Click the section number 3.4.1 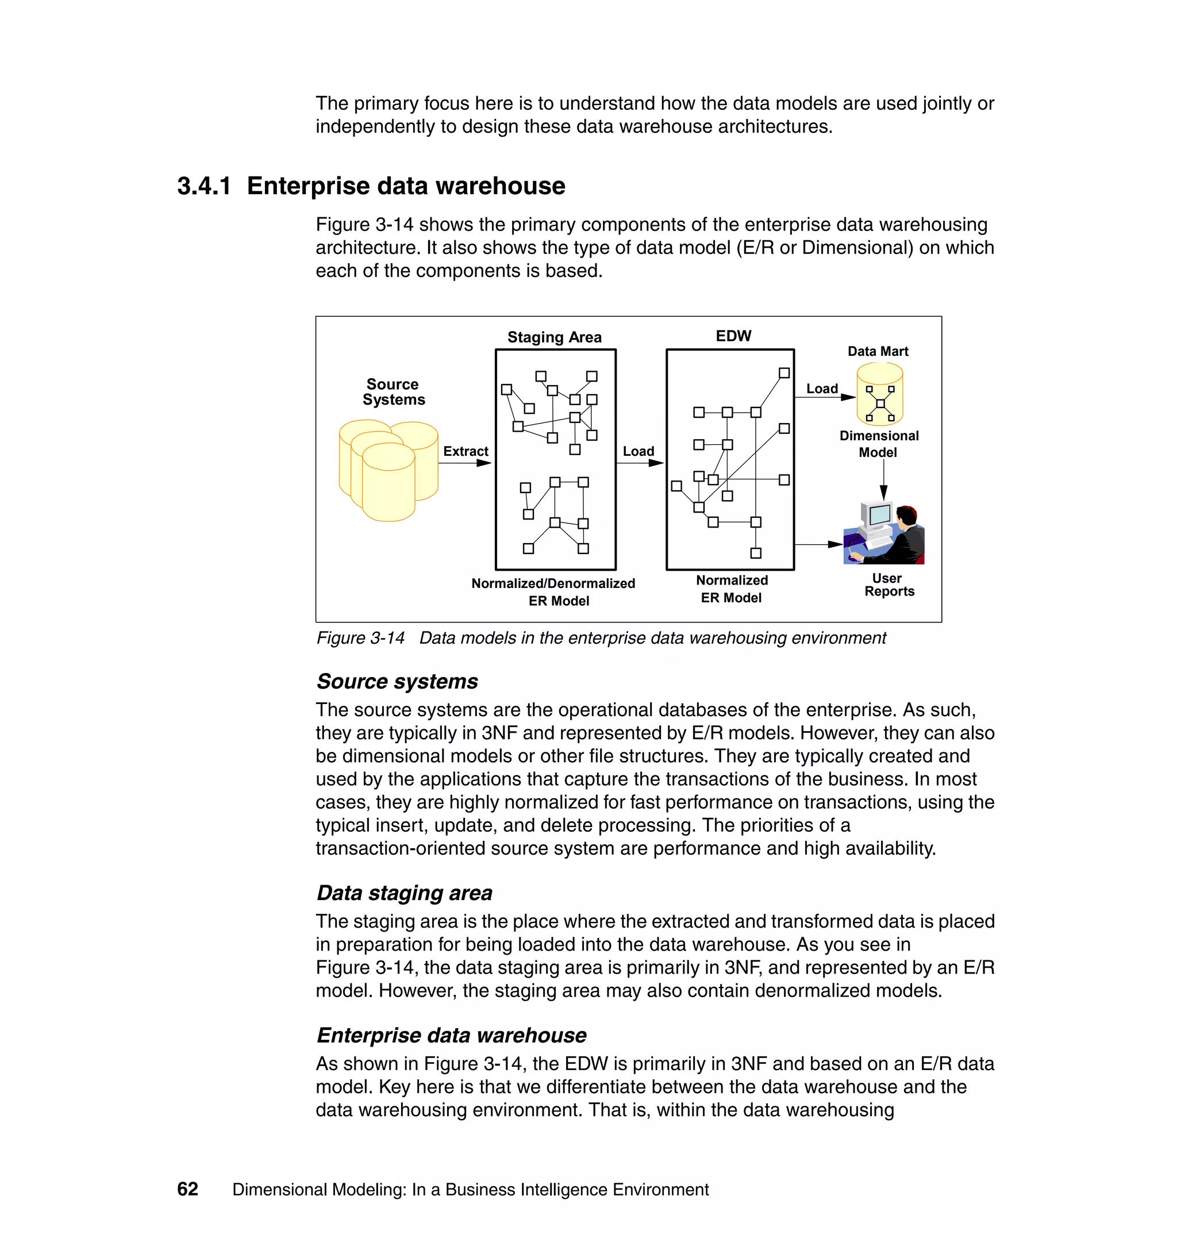204,186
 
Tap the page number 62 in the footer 187,1189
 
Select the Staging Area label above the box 554,337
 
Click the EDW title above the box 733,336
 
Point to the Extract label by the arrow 465,451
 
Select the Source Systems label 393,391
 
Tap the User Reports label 888,584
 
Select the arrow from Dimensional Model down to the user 883,480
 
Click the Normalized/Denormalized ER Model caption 553,591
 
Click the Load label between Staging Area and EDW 638,451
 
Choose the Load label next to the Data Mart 821,389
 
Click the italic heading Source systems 397,682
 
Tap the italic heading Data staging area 404,893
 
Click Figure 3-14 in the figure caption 360,638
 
